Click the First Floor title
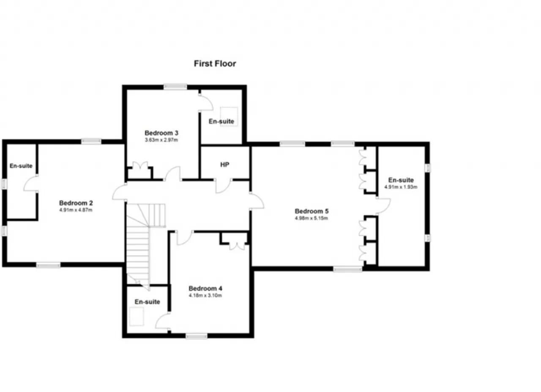point(215,64)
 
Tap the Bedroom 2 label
point(76,203)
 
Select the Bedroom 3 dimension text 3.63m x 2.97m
point(161,140)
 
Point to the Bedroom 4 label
point(205,288)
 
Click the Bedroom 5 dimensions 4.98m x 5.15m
point(311,218)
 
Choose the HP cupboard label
point(224,165)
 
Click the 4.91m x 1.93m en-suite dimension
point(401,187)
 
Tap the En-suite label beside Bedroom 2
point(21,166)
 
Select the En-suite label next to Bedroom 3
point(221,121)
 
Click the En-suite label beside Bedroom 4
point(148,302)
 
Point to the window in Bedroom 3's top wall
point(175,87)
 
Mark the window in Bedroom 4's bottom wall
point(197,336)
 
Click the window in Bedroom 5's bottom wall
point(348,269)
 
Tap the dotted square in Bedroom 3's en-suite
point(229,116)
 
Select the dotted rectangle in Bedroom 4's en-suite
point(137,316)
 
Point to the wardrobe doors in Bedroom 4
point(237,246)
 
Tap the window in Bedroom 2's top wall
point(91,141)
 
